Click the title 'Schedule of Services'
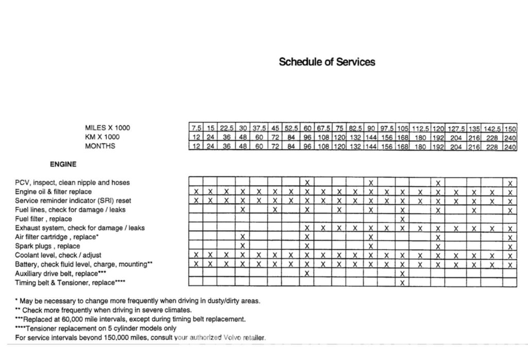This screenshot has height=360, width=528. pos(327,62)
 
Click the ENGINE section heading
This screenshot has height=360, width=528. pos(63,165)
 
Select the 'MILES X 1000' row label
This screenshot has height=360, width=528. pos(108,127)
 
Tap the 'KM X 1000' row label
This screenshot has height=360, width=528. pos(102,137)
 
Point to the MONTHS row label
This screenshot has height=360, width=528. pos(100,146)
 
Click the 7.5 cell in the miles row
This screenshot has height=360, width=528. pos(196,128)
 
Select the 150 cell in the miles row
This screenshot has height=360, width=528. pos(510,128)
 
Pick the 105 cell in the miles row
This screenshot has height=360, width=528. pos(402,128)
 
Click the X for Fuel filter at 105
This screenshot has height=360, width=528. pos(402,219)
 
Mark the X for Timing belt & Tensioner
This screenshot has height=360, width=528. pos(402,282)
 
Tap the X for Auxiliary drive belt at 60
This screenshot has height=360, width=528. pos(307,273)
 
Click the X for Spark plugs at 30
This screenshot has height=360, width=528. pos(242,246)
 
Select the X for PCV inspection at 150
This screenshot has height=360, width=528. pos(510,183)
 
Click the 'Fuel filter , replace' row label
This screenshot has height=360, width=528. pos(44,219)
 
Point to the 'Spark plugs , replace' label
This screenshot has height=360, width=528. pos(47,246)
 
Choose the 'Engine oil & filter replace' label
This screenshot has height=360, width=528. pos(53,191)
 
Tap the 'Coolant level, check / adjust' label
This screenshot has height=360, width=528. pos(58,255)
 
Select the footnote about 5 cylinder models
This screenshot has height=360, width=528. pos(96,328)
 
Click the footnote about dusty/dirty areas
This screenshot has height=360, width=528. pos(138,301)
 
